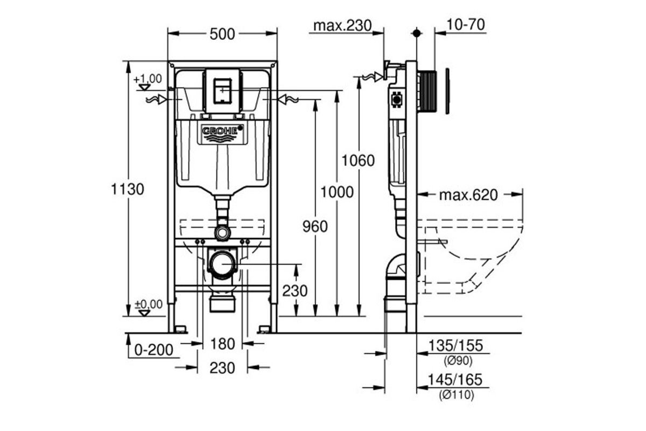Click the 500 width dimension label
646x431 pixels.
coord(222,34)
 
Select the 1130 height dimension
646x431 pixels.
coord(128,190)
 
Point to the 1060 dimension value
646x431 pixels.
coord(358,161)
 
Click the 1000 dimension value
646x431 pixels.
coord(337,192)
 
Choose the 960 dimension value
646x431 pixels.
coord(315,227)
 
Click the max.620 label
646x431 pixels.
coord(468,195)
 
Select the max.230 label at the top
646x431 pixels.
coord(342,26)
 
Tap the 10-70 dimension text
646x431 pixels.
coord(466,25)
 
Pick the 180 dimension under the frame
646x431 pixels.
coord(222,344)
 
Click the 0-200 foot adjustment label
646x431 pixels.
coord(154,350)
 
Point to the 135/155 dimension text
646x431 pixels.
coord(455,346)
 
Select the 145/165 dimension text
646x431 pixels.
coord(455,380)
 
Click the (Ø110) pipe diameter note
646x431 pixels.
coord(457,395)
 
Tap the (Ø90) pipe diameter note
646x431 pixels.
coord(458,361)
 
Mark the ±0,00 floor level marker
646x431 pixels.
coord(149,304)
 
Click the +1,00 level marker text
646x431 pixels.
coord(148,79)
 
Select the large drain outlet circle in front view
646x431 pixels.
coord(222,264)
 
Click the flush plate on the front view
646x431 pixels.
coord(222,91)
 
